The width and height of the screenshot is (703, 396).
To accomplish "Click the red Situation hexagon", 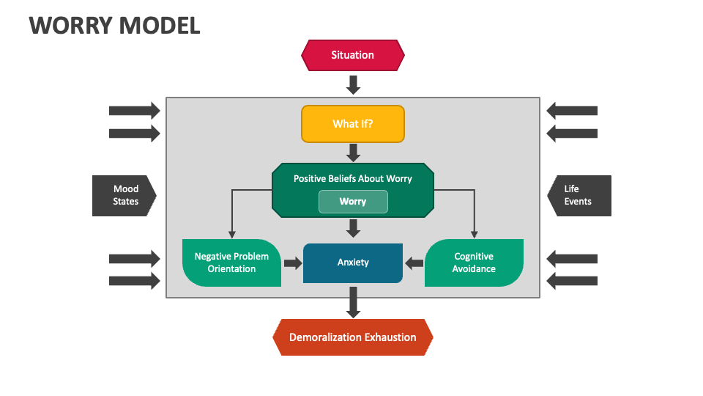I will click(353, 55).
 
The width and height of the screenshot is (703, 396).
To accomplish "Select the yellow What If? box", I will click(353, 124).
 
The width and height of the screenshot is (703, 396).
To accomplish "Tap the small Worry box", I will click(353, 202).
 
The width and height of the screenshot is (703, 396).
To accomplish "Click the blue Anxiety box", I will click(353, 263).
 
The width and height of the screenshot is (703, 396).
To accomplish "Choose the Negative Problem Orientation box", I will click(231, 263).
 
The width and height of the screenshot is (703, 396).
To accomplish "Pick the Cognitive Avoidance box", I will click(474, 263).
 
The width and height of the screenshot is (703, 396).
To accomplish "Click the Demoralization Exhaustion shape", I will click(353, 337).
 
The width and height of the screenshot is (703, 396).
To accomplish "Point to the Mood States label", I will click(125, 195).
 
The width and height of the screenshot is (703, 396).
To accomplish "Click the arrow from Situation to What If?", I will click(353, 84).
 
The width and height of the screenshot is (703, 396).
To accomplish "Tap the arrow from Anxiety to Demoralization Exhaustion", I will click(353, 301).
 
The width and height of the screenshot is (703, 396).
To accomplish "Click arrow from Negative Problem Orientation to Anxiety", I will click(292, 263).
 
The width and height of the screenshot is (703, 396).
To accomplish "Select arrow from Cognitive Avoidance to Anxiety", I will click(414, 263).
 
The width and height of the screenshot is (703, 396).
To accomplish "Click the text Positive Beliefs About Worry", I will click(353, 178).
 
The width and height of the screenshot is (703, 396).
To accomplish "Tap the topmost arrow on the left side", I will click(134, 111).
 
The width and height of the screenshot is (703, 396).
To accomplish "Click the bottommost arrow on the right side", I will click(572, 280).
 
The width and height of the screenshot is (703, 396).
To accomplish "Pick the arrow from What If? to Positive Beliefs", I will click(353, 153).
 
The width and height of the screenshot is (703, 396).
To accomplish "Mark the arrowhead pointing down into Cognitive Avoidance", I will click(475, 235).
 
